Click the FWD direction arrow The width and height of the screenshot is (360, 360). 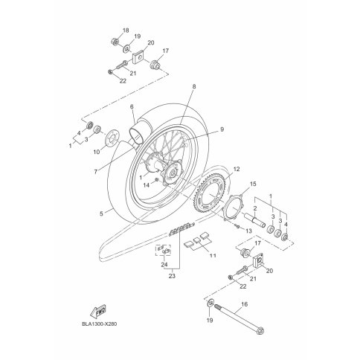(98, 311)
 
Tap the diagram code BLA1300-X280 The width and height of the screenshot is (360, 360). (99, 324)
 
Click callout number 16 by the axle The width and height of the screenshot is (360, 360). (245, 304)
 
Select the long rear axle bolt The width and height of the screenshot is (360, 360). (240, 318)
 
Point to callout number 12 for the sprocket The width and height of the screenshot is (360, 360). (237, 169)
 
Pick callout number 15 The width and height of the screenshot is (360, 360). (253, 184)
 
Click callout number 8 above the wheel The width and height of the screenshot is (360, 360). (194, 86)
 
